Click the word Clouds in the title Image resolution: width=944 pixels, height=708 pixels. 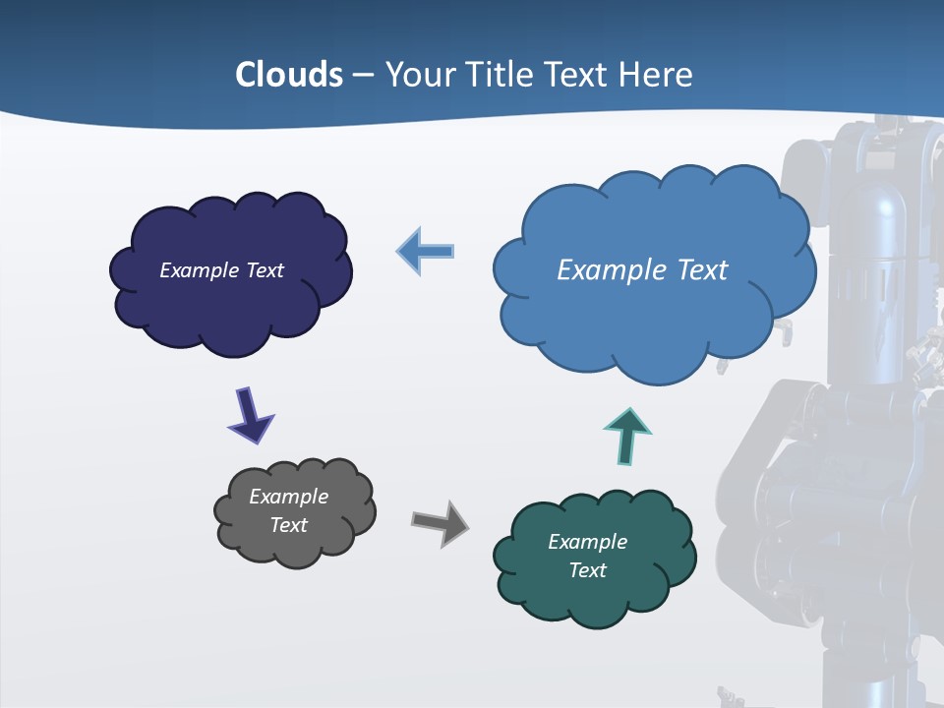click(x=289, y=75)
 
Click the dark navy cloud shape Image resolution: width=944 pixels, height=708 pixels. click(x=231, y=305)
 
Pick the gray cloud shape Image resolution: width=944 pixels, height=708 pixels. click(x=295, y=546)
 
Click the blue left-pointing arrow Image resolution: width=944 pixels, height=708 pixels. click(x=427, y=252)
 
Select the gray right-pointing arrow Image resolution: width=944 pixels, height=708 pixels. click(x=440, y=521)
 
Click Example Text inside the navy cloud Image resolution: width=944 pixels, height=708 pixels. click(x=221, y=270)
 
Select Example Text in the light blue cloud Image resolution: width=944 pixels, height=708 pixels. click(x=642, y=270)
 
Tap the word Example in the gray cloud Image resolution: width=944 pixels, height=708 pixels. click(x=288, y=497)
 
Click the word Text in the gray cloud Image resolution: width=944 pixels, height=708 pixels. click(x=288, y=525)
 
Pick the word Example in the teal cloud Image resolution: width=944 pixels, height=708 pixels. click(x=587, y=542)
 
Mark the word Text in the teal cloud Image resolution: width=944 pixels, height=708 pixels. click(x=587, y=570)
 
